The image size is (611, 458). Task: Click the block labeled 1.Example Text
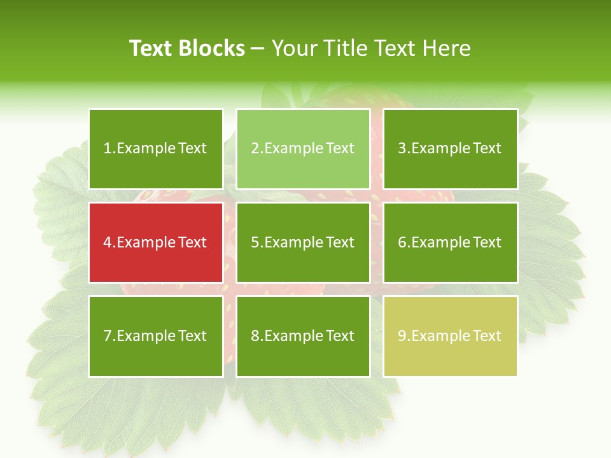pos(156,149)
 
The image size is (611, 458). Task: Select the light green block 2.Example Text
pos(303,149)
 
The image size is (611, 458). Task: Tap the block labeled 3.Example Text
pos(450,149)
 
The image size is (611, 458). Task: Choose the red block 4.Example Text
pos(156,242)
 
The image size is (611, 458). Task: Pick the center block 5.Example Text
pos(303,242)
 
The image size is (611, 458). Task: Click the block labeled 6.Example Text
pos(450,242)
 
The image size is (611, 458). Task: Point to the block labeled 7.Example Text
pos(156,336)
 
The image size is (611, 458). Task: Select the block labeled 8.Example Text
pos(303,336)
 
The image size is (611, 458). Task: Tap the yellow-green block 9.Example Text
pos(450,336)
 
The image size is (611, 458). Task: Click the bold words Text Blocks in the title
pos(187,48)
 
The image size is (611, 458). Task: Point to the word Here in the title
pos(447,48)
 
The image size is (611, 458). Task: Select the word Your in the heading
pos(296,48)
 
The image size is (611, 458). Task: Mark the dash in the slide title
pos(258,49)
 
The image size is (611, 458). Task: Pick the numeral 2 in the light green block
pos(255,149)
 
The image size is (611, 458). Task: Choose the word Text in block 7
pos(192,336)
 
